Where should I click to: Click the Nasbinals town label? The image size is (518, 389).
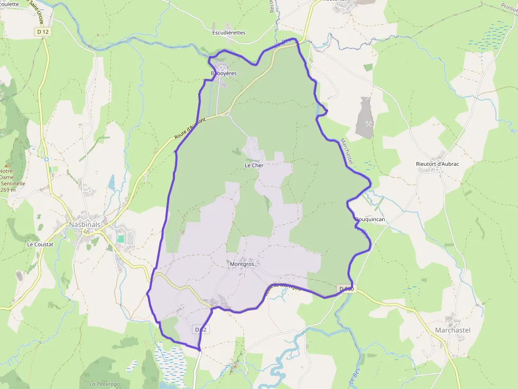tap(84, 224)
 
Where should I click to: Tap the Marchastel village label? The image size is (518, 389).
tap(452, 330)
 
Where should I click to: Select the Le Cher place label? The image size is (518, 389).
tap(254, 165)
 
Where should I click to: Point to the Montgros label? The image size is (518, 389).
tap(242, 264)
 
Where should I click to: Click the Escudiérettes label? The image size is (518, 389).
tap(229, 33)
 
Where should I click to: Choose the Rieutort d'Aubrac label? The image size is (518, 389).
tap(438, 164)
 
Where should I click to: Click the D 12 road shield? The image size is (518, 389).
tap(43, 32)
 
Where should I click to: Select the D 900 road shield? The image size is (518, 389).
tap(346, 289)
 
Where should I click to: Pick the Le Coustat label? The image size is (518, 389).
tap(41, 245)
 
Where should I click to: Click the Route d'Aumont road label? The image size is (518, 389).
tap(189, 129)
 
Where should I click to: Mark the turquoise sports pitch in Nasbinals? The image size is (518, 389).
tap(121, 239)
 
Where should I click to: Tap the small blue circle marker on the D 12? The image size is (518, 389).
tap(47, 159)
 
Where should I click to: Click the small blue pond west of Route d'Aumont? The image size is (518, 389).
tap(111, 183)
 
